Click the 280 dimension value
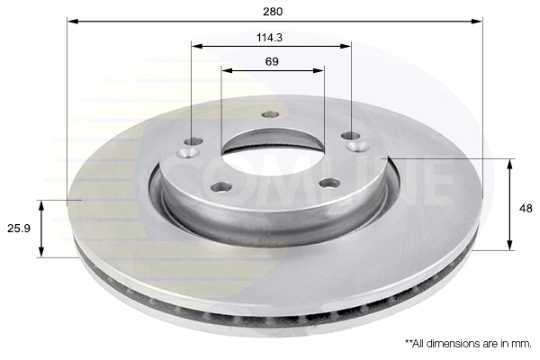[x=273, y=12]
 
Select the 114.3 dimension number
[x=269, y=38]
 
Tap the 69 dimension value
[x=272, y=62]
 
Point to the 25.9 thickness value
[x=19, y=228]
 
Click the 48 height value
[x=526, y=209]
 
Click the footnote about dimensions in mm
[x=468, y=344]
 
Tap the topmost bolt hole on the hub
[x=270, y=114]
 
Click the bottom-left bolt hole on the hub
[x=221, y=187]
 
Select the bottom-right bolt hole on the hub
[x=329, y=183]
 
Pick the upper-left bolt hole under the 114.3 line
[x=193, y=141]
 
